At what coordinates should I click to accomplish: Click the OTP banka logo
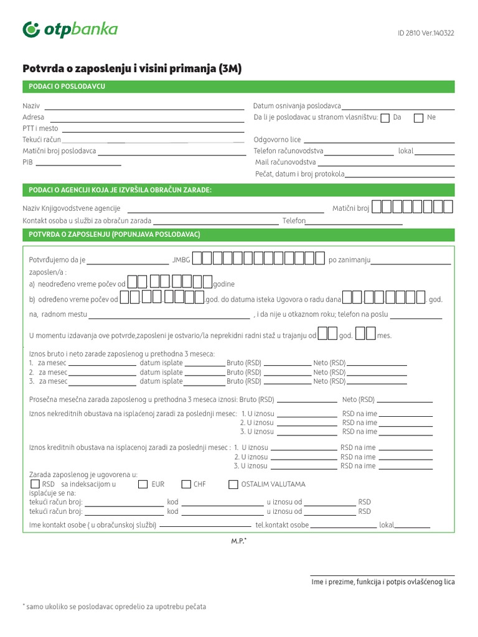[70, 29]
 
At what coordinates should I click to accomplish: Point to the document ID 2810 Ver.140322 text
[426, 34]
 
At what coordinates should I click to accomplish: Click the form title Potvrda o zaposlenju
[131, 69]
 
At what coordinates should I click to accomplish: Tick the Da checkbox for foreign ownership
[385, 118]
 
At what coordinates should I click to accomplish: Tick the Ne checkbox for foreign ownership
[419, 118]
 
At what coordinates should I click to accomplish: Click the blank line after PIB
[78, 165]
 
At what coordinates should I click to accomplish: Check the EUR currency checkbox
[143, 485]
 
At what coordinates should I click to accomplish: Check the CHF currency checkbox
[186, 485]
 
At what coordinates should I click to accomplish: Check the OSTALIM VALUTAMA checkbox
[233, 485]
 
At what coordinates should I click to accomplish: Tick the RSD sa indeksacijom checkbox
[35, 484]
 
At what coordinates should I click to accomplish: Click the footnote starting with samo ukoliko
[115, 607]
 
